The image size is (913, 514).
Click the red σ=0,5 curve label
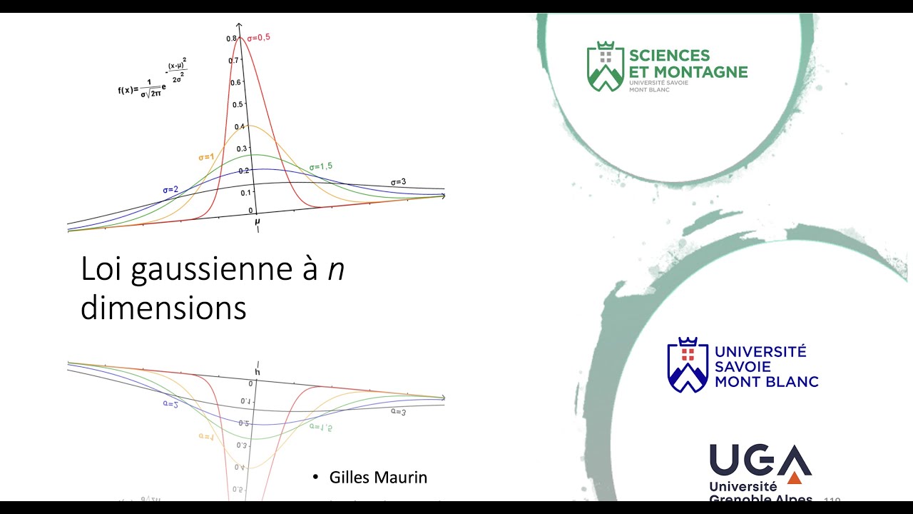pyautogui.click(x=258, y=37)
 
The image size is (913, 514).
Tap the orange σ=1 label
pyautogui.click(x=206, y=157)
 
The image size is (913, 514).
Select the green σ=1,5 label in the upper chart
pyautogui.click(x=320, y=167)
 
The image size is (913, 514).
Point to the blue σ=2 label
pyautogui.click(x=170, y=190)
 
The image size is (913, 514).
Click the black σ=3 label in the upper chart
pyautogui.click(x=398, y=182)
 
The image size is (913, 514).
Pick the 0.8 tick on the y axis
pyautogui.click(x=232, y=39)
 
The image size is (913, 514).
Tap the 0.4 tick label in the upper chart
pyautogui.click(x=239, y=127)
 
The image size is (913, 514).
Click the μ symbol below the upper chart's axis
pyautogui.click(x=257, y=222)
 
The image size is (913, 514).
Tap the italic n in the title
pyautogui.click(x=336, y=270)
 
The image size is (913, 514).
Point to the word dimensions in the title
pyautogui.click(x=163, y=308)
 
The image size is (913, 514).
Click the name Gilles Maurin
pyautogui.click(x=378, y=478)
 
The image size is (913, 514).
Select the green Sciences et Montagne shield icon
pyautogui.click(x=605, y=66)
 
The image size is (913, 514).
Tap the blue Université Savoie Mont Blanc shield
pyautogui.click(x=687, y=365)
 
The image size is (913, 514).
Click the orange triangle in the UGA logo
pyautogui.click(x=794, y=478)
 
